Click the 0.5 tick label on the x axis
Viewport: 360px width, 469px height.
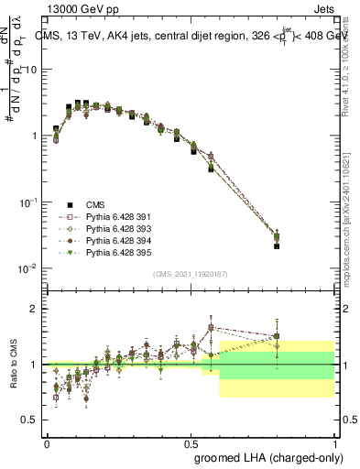[191, 441]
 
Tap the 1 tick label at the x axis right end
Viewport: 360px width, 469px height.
[335, 441]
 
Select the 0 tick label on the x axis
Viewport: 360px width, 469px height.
[48, 441]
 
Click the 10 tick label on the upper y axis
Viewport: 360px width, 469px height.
[30, 70]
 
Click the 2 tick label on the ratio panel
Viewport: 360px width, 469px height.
[35, 309]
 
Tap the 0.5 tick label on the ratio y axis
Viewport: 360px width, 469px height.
[30, 420]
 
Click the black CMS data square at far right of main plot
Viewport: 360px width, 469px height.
[278, 245]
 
